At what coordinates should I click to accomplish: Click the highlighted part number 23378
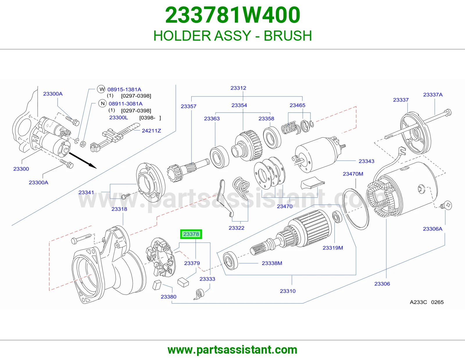pyautogui.click(x=191, y=234)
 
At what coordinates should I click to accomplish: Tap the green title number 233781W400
pyautogui.click(x=233, y=15)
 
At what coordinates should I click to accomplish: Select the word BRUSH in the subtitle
pyautogui.click(x=288, y=36)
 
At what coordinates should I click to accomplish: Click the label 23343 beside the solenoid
pyautogui.click(x=366, y=161)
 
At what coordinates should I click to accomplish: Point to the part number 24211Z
pyautogui.click(x=151, y=131)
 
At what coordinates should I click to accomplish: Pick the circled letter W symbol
pyautogui.click(x=101, y=89)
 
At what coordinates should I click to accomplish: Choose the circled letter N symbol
pyautogui.click(x=103, y=103)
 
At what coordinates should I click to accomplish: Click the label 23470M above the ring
pyautogui.click(x=353, y=174)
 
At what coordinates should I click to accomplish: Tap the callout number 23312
pyautogui.click(x=238, y=88)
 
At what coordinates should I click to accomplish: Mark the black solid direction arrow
pyautogui.click(x=83, y=161)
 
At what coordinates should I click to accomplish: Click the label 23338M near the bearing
pyautogui.click(x=272, y=263)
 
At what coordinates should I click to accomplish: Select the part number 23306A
pyautogui.click(x=432, y=229)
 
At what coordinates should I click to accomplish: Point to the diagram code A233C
pyautogui.click(x=418, y=302)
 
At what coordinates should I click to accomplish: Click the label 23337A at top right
pyautogui.click(x=433, y=94)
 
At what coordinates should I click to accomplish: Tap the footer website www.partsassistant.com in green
pyautogui.click(x=233, y=350)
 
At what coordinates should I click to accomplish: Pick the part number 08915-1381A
pyautogui.click(x=124, y=89)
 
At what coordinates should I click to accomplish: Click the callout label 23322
pyautogui.click(x=236, y=228)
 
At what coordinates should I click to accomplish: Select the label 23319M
pyautogui.click(x=332, y=248)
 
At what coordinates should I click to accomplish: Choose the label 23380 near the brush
pyautogui.click(x=168, y=297)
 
